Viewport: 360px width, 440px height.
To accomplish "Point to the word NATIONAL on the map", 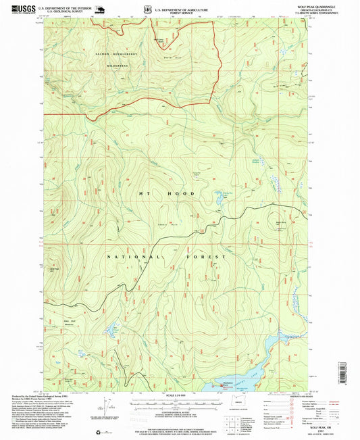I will (x=135, y=258).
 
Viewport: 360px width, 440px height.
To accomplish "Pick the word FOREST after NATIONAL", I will (x=205, y=258).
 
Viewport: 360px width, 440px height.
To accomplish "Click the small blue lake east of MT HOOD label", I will (x=219, y=200).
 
